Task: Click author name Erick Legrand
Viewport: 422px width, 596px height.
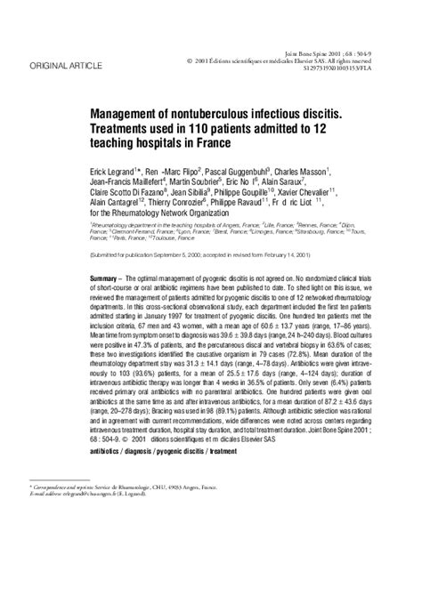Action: point(118,169)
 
